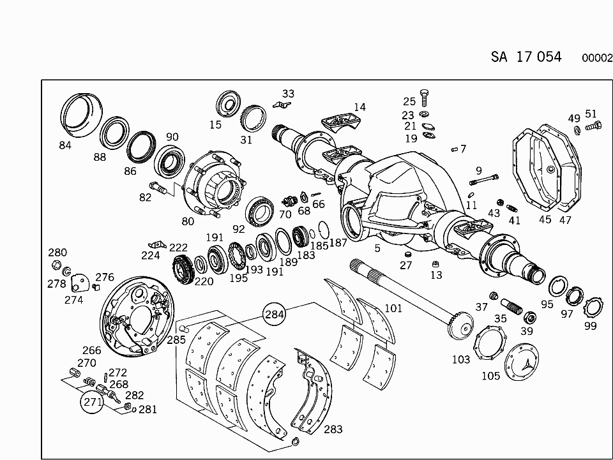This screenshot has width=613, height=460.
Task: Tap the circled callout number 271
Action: [x=92, y=402]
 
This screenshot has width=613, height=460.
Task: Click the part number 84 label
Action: [x=65, y=145]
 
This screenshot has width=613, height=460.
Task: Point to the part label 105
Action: [x=490, y=376]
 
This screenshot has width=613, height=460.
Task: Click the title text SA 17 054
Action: [x=526, y=57]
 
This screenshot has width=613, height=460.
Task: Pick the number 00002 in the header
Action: [x=597, y=57]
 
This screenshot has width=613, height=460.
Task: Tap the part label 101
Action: [x=393, y=309]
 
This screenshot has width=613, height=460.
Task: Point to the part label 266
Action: [x=91, y=350]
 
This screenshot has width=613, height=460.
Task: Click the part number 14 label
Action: [x=359, y=107]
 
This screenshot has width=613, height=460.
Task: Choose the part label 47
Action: [x=566, y=219]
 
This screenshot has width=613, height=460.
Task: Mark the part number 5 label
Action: [x=377, y=248]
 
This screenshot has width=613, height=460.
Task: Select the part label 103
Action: [x=460, y=359]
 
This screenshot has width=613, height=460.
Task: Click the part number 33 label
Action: [x=288, y=94]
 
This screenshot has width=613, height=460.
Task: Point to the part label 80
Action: [x=188, y=222]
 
